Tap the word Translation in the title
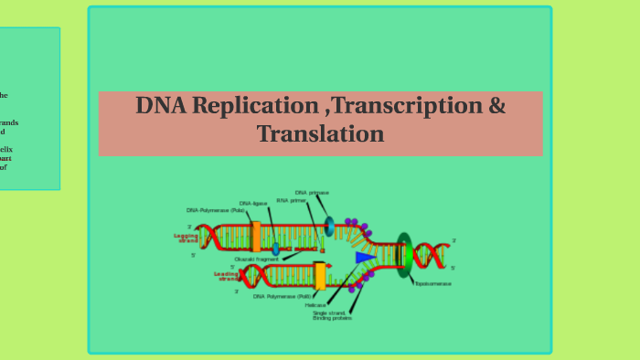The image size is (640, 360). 320,134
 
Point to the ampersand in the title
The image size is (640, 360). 496,105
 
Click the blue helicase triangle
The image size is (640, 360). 365,258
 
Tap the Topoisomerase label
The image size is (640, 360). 432,283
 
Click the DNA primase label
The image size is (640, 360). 312,193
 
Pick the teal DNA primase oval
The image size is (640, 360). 329,227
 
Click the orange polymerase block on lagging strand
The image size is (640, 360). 256,237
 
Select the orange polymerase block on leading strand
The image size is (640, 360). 320,276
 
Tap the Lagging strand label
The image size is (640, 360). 186,238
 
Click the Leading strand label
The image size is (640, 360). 226,275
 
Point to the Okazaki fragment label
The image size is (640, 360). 257,259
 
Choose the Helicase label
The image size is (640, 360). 316,305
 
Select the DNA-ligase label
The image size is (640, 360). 253,204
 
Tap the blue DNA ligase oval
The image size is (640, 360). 275,249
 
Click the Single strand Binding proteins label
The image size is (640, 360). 332,315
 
